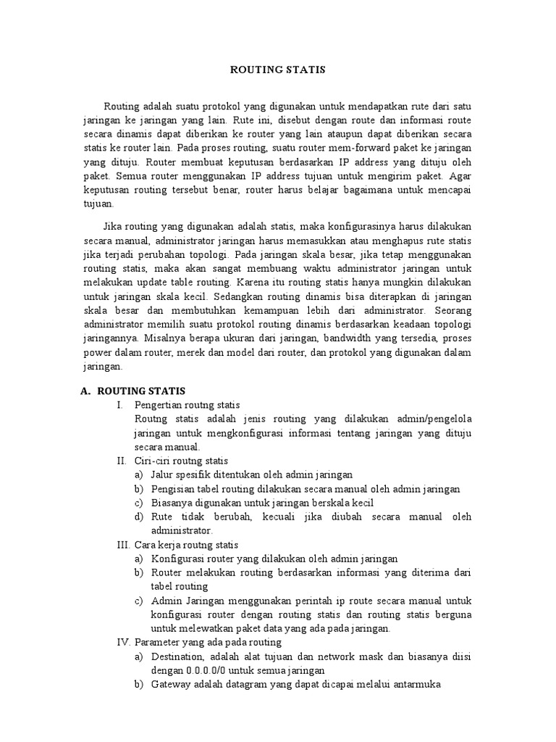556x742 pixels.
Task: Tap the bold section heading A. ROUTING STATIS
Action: click(x=132, y=391)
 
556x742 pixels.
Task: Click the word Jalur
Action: click(x=164, y=475)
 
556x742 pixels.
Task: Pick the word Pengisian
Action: click(x=174, y=488)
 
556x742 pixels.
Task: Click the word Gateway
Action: click(x=172, y=684)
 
